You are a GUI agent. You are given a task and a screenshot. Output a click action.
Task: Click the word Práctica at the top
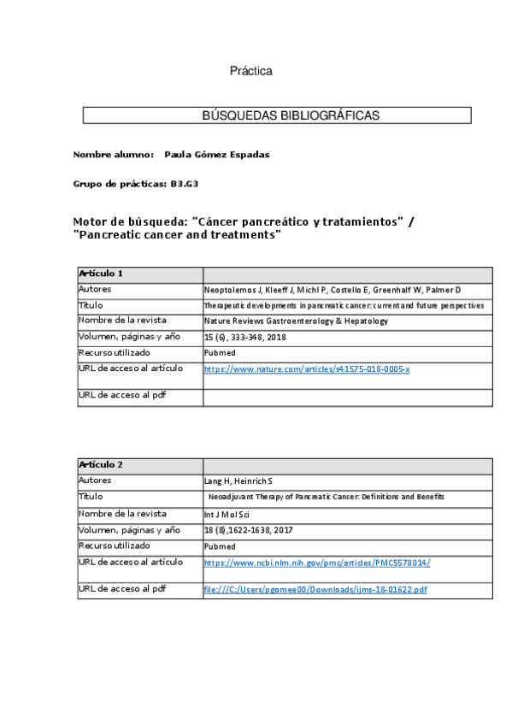tap(250, 71)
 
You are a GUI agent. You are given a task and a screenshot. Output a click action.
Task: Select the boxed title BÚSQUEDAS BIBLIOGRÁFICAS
tap(277, 115)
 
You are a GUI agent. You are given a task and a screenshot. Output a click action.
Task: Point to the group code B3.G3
tap(185, 184)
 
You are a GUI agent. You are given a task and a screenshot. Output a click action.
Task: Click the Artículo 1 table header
tap(101, 274)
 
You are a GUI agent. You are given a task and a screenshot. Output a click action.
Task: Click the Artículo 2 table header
tap(101, 464)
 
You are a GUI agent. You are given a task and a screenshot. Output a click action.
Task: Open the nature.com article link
tap(307, 368)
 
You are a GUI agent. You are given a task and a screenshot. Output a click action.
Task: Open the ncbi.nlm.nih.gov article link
tap(317, 562)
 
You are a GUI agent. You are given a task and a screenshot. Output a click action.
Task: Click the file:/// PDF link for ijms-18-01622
tap(315, 590)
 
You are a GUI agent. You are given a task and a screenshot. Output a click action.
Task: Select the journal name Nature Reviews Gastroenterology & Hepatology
tap(296, 321)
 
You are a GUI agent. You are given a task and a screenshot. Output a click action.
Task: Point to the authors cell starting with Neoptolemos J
tap(332, 290)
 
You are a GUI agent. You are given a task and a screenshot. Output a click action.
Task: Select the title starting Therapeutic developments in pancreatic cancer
tap(344, 305)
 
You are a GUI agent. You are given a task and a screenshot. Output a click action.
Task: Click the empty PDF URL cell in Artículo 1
tap(347, 397)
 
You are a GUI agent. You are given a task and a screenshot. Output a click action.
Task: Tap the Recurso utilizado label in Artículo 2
tap(115, 545)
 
